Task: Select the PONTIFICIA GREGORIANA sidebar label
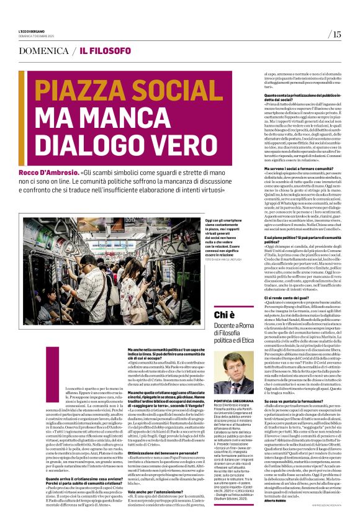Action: pyautogui.click(x=233, y=381)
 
